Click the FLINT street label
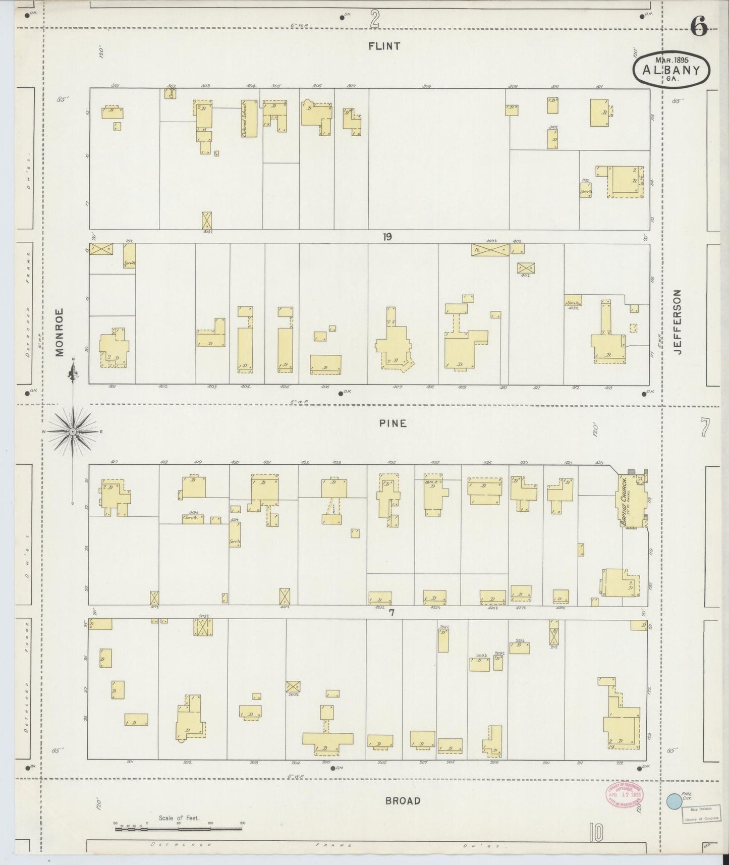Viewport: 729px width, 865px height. pyautogui.click(x=384, y=46)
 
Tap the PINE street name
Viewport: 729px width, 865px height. pyautogui.click(x=393, y=424)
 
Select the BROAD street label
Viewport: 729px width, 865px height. pyautogui.click(x=403, y=801)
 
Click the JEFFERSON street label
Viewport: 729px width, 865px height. pyautogui.click(x=677, y=322)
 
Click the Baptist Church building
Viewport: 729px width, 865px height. pyautogui.click(x=632, y=500)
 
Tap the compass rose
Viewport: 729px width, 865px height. pyautogui.click(x=73, y=431)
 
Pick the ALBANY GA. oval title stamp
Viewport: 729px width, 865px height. pyautogui.click(x=671, y=71)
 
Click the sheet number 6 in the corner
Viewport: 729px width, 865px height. pyautogui.click(x=699, y=26)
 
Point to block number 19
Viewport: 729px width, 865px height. pyautogui.click(x=386, y=237)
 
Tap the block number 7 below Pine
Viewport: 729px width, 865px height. pyautogui.click(x=391, y=613)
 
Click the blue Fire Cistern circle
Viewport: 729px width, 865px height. pyautogui.click(x=673, y=801)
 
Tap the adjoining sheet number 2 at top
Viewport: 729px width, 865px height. pyautogui.click(x=374, y=18)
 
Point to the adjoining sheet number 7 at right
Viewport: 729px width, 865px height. pyautogui.click(x=704, y=428)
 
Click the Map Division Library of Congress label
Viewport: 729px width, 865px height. pyautogui.click(x=700, y=815)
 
